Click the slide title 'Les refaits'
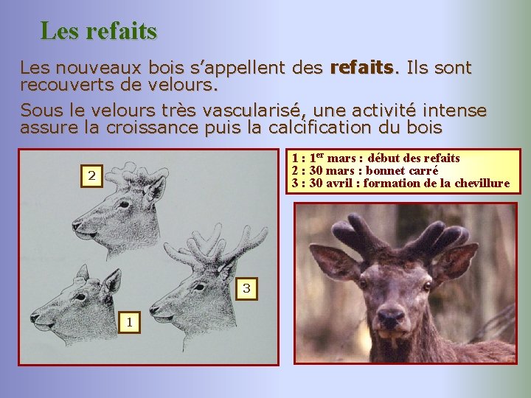(98, 31)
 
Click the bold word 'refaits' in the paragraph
(363, 69)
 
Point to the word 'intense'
(453, 111)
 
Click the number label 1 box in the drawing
(129, 321)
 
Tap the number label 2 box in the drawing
(91, 175)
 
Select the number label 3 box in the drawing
(247, 289)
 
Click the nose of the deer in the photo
(391, 318)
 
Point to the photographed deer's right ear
(334, 263)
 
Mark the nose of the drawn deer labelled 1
(35, 318)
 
